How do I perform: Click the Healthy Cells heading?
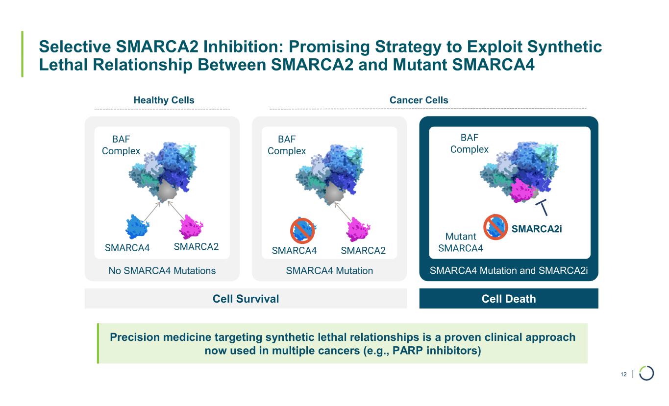pos(164,100)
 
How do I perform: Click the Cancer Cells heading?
pos(419,100)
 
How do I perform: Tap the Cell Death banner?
pos(509,298)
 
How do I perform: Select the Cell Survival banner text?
pos(246,299)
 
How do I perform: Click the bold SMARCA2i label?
pos(536,229)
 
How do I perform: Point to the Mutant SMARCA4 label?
pos(461,242)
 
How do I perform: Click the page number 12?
pos(623,374)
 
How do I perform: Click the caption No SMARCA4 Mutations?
pos(162,270)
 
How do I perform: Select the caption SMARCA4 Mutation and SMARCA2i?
pos(509,270)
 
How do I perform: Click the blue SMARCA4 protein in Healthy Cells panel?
pos(137,227)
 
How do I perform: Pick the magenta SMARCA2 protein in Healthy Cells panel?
pos(191,227)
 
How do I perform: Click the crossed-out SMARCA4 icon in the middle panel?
pos(302,231)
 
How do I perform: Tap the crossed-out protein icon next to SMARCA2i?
pos(496,227)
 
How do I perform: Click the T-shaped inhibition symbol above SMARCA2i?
pos(542,207)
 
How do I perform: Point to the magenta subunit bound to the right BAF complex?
pos(522,191)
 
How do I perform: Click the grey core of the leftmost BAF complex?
pos(167,191)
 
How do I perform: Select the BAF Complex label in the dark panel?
pos(469,143)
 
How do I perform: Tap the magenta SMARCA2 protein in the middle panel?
pos(358,229)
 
